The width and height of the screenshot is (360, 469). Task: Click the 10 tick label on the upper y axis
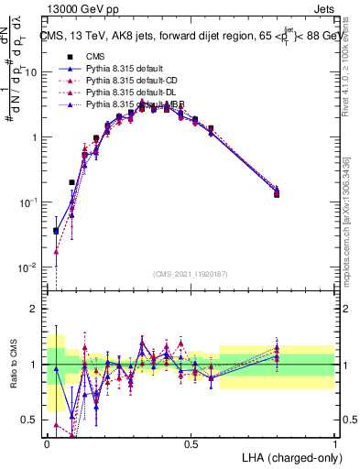click(30, 72)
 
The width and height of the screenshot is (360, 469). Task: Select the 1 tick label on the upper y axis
click(33, 137)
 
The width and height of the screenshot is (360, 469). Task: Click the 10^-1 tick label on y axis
click(27, 202)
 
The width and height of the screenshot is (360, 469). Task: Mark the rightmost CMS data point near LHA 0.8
click(278, 194)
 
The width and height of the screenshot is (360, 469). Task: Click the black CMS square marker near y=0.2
click(71, 182)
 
